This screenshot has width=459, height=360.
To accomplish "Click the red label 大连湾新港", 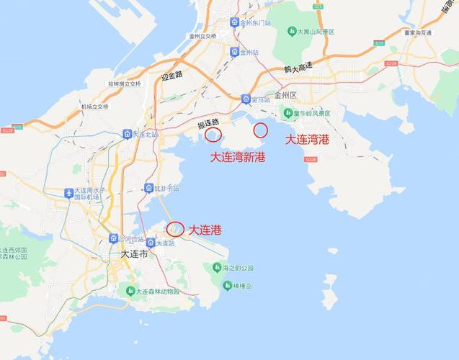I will [237, 156].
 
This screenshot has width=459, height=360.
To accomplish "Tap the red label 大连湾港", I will [307, 140].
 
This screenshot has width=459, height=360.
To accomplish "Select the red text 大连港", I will [205, 230].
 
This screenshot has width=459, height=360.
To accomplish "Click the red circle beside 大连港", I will [174, 230].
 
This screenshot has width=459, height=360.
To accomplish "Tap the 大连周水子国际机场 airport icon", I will [69, 193].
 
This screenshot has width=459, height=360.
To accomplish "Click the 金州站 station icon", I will [234, 52].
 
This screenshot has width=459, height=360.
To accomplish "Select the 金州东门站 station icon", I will [234, 22].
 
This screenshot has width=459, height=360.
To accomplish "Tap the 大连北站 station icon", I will [127, 134].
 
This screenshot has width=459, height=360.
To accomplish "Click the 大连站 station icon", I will [151, 243].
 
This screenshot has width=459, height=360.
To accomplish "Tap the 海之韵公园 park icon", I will [216, 267].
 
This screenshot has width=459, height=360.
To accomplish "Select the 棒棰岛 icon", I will [216, 286].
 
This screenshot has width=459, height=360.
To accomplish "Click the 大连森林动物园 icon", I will [130, 291].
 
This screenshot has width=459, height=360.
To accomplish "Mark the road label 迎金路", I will [172, 75].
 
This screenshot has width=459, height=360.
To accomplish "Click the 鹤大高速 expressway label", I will [298, 67].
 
